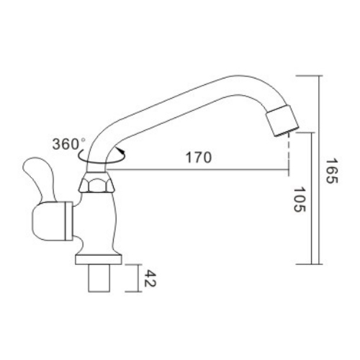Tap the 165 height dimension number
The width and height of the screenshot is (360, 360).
tap(329, 172)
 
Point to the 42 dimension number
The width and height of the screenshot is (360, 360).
tap(151, 278)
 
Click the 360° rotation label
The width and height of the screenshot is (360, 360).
tap(69, 143)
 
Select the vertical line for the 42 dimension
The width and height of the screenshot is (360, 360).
tap(136, 278)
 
